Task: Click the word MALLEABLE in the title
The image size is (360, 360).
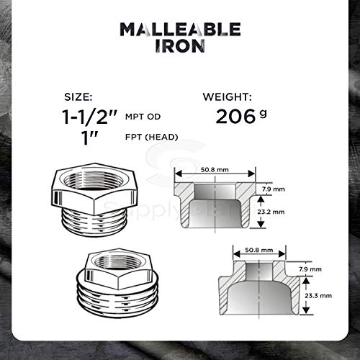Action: [179, 30]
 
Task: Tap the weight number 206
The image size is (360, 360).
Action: [235, 116]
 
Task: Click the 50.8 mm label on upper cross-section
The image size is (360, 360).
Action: [215, 169]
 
